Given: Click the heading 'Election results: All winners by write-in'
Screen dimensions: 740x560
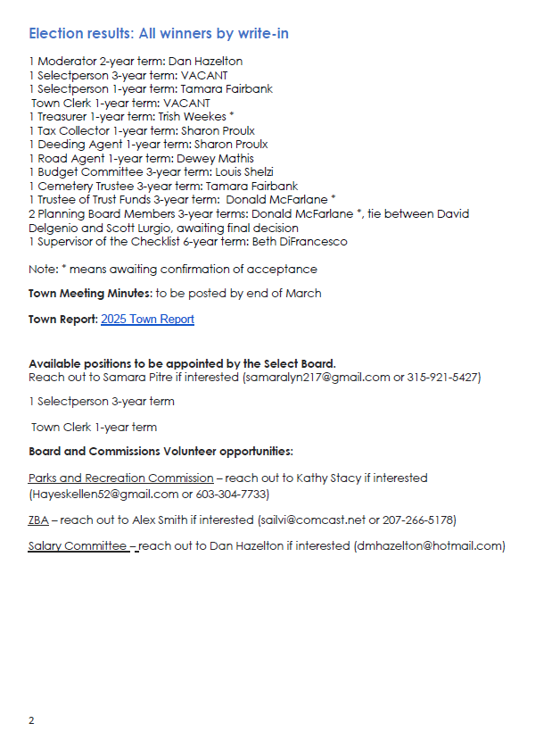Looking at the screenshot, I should click(158, 34).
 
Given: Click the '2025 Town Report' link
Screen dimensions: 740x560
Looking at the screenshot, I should click(147, 320).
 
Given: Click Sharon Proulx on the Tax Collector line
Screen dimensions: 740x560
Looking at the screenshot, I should click(218, 131).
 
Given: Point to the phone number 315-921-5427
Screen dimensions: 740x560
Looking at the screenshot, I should click(444, 378).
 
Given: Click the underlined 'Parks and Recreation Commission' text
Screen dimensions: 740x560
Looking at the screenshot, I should click(120, 478).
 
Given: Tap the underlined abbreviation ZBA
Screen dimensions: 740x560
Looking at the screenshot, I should click(38, 520).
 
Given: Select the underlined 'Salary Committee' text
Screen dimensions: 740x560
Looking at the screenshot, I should click(79, 546).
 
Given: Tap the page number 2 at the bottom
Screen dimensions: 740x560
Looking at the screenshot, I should click(31, 720).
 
